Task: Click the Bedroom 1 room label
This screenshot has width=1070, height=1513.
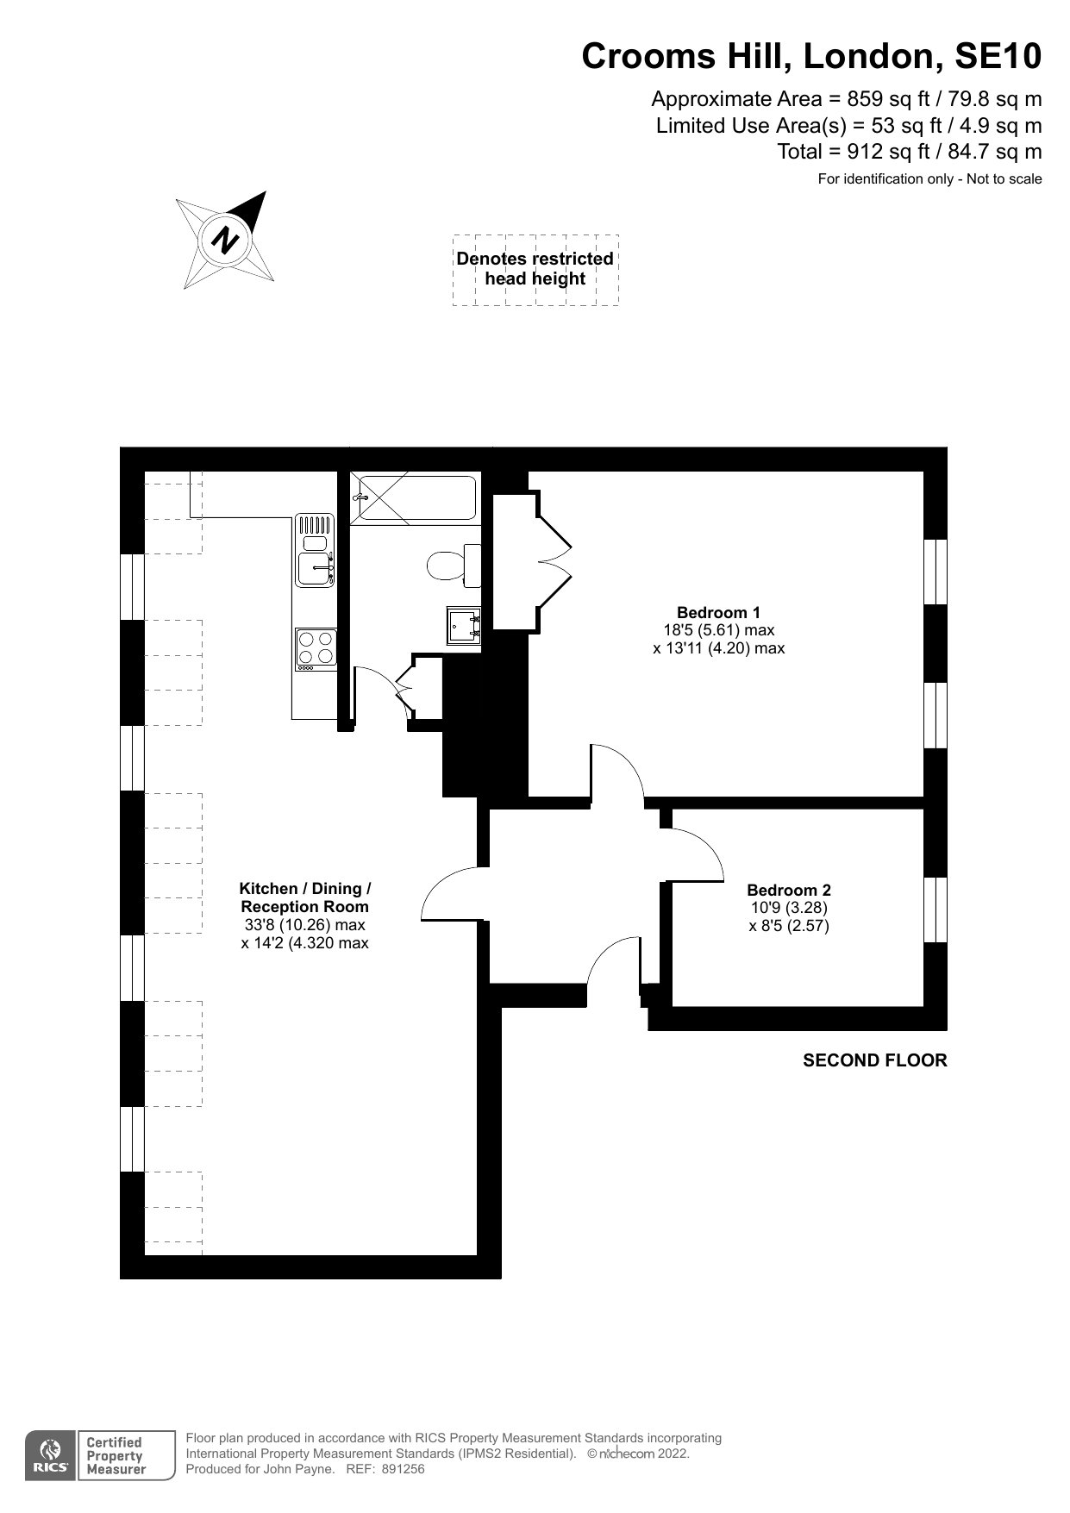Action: click(x=718, y=613)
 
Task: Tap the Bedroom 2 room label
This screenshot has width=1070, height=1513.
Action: click(x=789, y=891)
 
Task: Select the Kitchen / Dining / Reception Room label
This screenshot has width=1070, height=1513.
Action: click(x=305, y=897)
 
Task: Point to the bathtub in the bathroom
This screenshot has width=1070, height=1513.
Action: click(x=414, y=498)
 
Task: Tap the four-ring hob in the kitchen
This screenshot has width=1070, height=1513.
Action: click(x=315, y=649)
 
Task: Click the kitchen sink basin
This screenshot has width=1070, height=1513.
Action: click(x=315, y=570)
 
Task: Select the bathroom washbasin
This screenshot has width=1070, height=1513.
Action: click(x=463, y=625)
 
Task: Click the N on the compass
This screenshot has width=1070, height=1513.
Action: click(x=226, y=239)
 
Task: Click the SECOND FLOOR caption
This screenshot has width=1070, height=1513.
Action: click(x=874, y=1060)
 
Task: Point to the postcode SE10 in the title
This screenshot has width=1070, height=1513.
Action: click(x=998, y=57)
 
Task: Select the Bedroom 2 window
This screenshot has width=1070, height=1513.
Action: click(x=935, y=910)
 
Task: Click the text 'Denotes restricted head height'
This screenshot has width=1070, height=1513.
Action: click(x=535, y=268)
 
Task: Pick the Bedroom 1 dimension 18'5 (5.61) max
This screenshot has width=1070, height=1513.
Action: click(x=718, y=630)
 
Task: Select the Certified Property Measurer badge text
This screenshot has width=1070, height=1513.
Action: click(x=114, y=1456)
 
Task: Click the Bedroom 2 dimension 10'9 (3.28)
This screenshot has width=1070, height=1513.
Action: click(x=789, y=908)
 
